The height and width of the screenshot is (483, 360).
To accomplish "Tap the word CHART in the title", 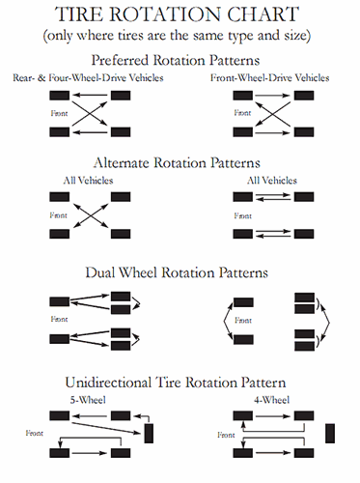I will (267, 14).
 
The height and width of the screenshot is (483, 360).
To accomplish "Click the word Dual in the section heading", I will (113, 272).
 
